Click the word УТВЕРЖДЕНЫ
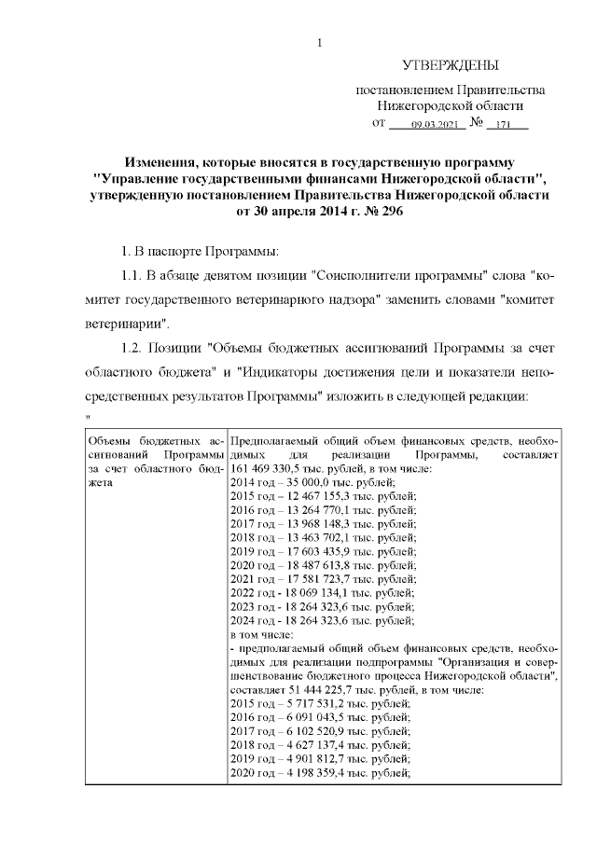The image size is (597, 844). click(450, 65)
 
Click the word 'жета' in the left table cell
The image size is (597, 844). click(97, 481)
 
